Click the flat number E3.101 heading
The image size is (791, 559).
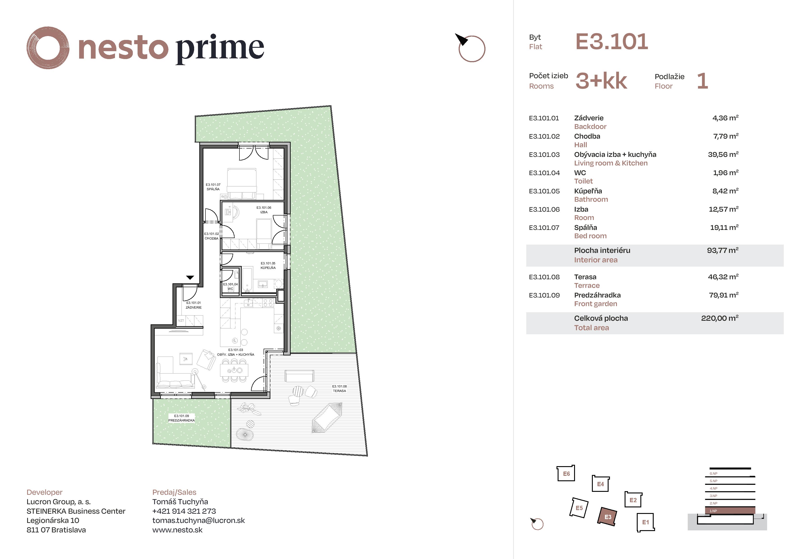pyautogui.click(x=612, y=42)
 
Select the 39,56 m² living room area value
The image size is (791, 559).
pyautogui.click(x=723, y=155)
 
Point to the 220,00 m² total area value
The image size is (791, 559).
pyautogui.click(x=719, y=318)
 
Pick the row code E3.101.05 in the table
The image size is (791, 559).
pyautogui.click(x=544, y=191)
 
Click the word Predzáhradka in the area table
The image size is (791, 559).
pyautogui.click(x=597, y=295)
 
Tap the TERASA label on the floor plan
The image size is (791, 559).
pyautogui.click(x=339, y=391)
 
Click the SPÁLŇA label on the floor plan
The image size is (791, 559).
pyautogui.click(x=213, y=189)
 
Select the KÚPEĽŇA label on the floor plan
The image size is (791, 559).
pyautogui.click(x=268, y=268)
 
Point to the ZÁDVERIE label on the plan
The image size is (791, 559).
pyautogui.click(x=194, y=307)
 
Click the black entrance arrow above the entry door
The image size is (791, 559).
pyautogui.click(x=190, y=278)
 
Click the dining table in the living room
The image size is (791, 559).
pyautogui.click(x=234, y=370)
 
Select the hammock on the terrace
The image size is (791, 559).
pyautogui.click(x=327, y=417)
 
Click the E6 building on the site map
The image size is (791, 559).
pyautogui.click(x=566, y=474)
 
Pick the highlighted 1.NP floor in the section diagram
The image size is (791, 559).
pyautogui.click(x=730, y=511)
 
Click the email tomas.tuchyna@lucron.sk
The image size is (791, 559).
pyautogui.click(x=198, y=520)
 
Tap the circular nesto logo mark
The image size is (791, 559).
pyautogui.click(x=48, y=48)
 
